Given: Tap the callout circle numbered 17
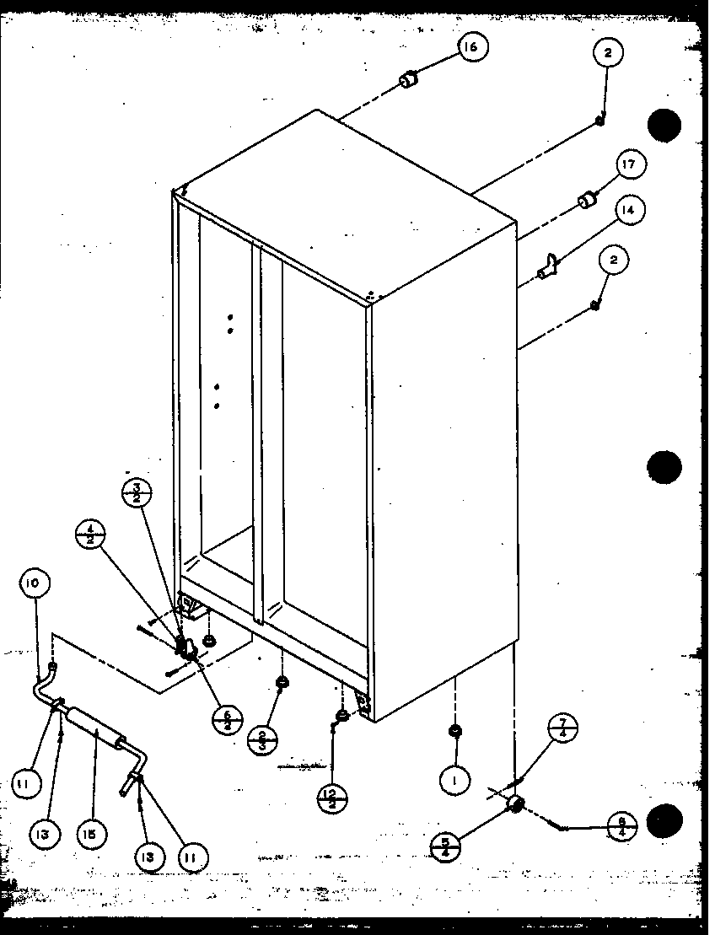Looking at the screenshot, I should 629,165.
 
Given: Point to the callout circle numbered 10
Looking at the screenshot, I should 38,583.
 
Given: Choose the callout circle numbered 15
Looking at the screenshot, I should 90,835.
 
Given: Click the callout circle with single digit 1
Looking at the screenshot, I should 454,782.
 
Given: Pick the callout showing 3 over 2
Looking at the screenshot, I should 137,492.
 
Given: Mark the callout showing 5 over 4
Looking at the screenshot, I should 444,846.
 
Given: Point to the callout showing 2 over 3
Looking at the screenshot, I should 263,741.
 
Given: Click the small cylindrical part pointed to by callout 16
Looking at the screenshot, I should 409,81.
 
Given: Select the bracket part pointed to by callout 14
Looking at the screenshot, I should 549,266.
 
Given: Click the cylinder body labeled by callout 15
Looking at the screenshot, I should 93,725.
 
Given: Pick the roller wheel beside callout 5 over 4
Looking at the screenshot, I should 513,806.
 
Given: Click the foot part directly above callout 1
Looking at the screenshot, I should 455,730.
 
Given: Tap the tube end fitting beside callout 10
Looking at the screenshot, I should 52,667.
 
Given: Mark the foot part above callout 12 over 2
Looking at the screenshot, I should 341,716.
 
